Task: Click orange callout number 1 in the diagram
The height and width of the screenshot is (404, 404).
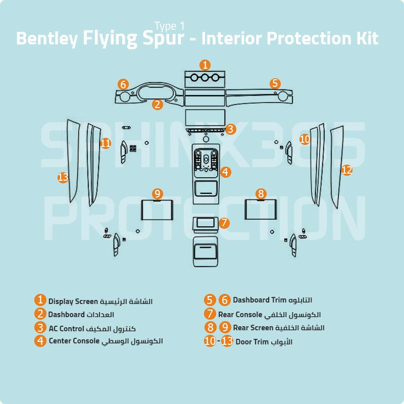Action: click(205, 65)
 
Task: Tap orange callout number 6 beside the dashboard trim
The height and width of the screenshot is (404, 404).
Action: click(123, 84)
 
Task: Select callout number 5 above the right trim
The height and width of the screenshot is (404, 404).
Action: click(275, 83)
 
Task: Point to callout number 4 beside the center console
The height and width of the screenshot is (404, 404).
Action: click(225, 172)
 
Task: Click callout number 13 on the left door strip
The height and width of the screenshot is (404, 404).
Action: click(63, 177)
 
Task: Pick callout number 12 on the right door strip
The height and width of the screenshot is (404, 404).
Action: click(346, 170)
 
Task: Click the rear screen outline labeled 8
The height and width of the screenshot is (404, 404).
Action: click(261, 210)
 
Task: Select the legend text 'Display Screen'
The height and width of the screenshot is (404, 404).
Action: click(73, 301)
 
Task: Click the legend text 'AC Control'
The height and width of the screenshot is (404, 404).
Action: click(66, 328)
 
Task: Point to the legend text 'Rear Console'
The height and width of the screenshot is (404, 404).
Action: click(240, 315)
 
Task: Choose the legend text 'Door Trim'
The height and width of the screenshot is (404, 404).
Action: click(251, 342)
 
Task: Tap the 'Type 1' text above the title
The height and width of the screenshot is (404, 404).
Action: click(169, 26)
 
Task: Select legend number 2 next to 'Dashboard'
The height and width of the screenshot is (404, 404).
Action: click(41, 315)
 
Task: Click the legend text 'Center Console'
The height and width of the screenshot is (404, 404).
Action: click(74, 341)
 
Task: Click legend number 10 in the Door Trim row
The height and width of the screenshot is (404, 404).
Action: click(210, 341)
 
